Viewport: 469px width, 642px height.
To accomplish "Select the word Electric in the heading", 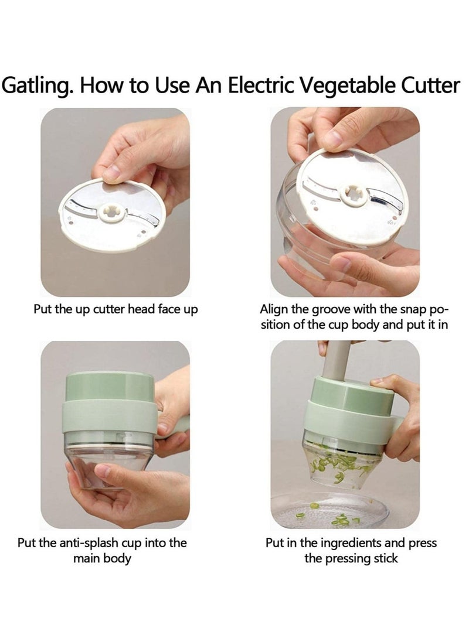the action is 261,85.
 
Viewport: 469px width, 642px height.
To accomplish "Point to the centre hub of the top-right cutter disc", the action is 353,193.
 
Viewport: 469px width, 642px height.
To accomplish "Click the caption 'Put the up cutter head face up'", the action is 115,309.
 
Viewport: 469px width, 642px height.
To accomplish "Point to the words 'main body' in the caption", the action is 102,559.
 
